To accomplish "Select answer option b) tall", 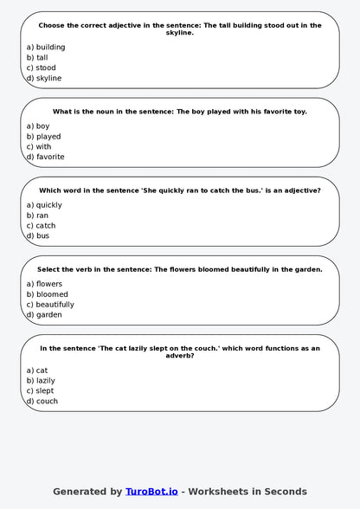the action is coord(37,58).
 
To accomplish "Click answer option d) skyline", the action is coord(43,79).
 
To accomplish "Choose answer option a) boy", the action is coord(38,126).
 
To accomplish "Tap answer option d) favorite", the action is coord(45,158).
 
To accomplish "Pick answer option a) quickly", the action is coord(44,205).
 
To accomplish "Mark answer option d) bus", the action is coord(38,236).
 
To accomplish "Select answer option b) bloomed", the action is coord(47,294).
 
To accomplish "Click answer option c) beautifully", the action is coord(50,305).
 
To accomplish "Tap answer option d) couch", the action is coord(42,402).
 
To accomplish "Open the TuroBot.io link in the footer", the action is coord(151,492).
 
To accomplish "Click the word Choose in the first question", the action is coord(55,26).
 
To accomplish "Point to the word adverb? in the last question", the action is coord(179,356).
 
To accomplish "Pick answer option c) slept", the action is coord(40,391).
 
